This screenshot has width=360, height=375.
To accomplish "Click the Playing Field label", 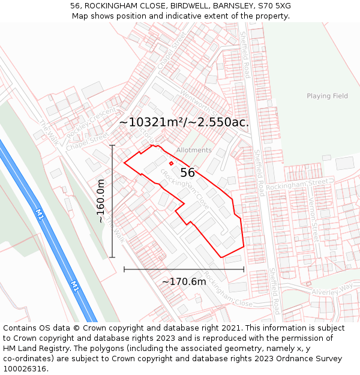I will (327, 96).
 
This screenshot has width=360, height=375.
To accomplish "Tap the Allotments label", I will (194, 150).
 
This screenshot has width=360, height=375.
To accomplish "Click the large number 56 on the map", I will (187, 173).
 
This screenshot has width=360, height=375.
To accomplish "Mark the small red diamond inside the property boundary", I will (171, 163).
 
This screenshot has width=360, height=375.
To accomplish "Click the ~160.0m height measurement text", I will (101, 201).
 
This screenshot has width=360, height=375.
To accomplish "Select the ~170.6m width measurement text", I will (184, 281).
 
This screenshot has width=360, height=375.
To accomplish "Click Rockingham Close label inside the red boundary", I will (185, 188).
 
